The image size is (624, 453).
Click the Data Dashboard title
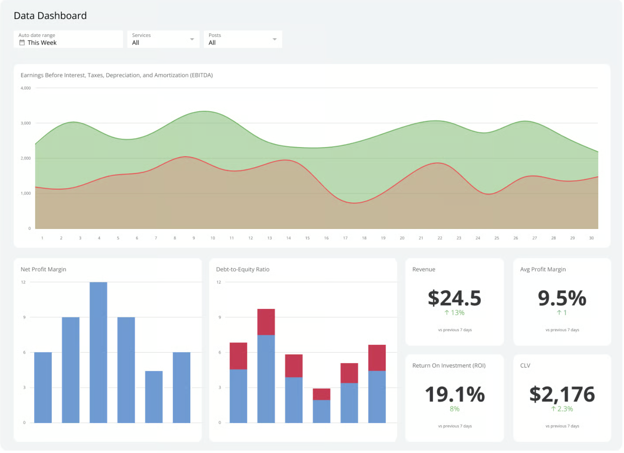(50, 16)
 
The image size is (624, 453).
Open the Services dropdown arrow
(192, 39)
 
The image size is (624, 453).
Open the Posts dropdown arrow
(275, 39)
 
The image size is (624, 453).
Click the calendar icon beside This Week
(22, 43)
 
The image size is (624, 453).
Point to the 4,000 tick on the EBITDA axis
(26, 88)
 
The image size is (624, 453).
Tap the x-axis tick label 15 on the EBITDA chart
(308, 238)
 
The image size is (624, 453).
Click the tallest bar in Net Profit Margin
(99, 352)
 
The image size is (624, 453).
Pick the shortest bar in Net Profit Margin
(154, 397)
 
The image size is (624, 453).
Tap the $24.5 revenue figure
(455, 299)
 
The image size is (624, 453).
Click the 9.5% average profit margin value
(562, 299)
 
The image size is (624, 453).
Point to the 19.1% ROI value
(455, 395)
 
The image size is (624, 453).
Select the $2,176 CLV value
(562, 395)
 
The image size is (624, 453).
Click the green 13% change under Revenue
(455, 313)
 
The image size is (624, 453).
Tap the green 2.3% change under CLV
(562, 409)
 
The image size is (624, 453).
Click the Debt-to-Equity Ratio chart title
(243, 270)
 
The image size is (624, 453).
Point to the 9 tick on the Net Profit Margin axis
(24, 318)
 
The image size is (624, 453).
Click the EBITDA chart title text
(117, 75)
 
